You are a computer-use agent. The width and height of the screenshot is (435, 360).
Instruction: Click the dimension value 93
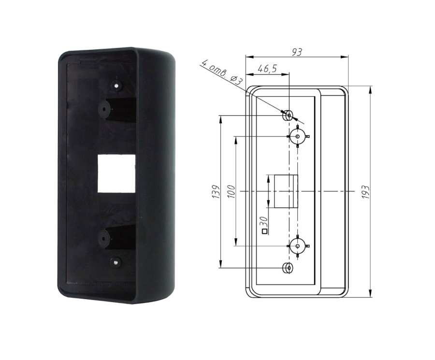(x=297, y=52)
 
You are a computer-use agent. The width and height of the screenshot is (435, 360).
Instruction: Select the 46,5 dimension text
(x=267, y=69)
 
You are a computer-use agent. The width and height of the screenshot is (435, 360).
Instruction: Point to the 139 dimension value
(x=216, y=192)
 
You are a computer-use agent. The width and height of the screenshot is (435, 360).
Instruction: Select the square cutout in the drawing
(x=285, y=191)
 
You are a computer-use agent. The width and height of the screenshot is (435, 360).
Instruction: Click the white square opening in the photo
(x=116, y=173)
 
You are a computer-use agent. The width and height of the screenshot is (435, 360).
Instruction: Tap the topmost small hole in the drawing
(x=288, y=115)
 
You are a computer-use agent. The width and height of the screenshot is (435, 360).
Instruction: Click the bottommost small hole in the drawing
(x=289, y=267)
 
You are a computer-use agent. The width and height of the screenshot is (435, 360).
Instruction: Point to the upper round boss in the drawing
(x=298, y=136)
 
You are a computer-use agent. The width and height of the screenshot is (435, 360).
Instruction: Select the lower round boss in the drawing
(x=298, y=246)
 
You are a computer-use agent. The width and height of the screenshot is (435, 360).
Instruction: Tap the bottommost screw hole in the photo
(x=116, y=262)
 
